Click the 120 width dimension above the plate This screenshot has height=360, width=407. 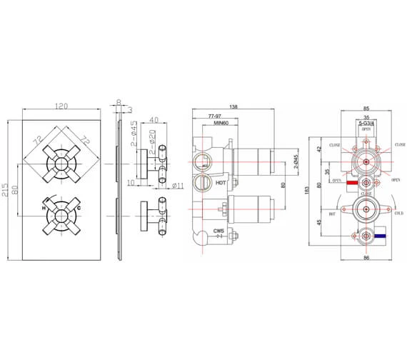[61, 106]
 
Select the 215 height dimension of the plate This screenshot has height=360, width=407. [6, 189]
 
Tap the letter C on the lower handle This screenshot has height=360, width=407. [79, 208]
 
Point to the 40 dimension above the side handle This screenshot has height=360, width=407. [153, 121]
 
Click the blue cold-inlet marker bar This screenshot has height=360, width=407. [383, 234]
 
